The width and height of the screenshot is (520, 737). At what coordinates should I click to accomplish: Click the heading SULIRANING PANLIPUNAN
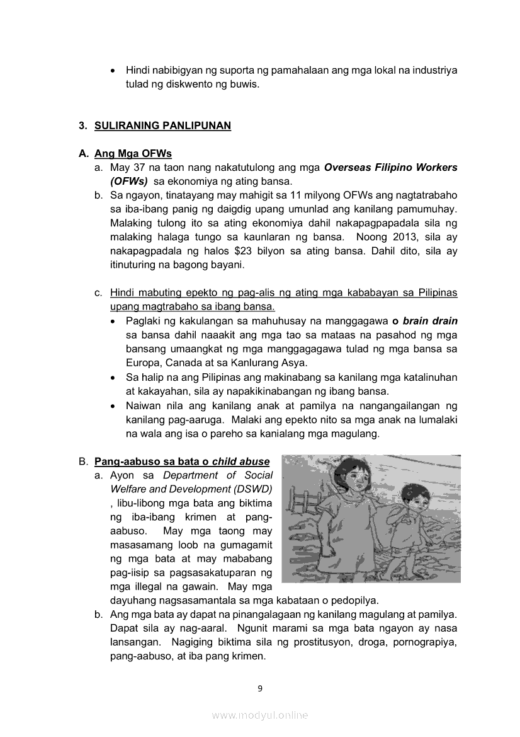point(162,125)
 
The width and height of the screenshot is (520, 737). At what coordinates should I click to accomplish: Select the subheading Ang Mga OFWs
point(133,154)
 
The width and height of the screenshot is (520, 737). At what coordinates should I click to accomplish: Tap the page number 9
point(260,688)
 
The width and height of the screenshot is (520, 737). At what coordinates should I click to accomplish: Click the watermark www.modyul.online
point(260,715)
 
